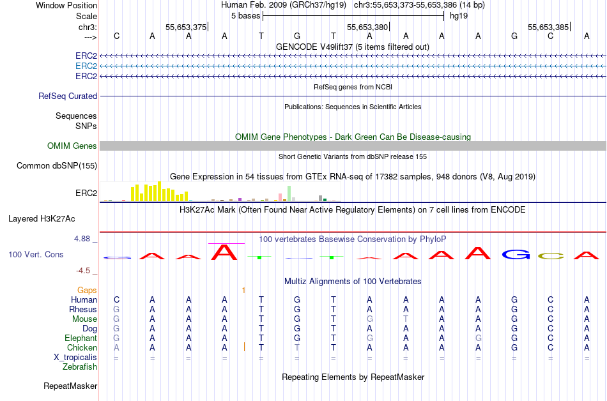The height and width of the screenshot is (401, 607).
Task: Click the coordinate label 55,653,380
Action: pyautogui.click(x=367, y=27)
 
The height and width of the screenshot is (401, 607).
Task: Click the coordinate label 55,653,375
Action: pyautogui.click(x=186, y=27)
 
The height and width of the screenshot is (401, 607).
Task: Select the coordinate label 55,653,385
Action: pyautogui.click(x=548, y=27)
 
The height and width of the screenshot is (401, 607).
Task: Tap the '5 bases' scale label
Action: pyautogui.click(x=245, y=15)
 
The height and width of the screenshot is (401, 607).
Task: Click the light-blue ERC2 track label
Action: pyautogui.click(x=86, y=66)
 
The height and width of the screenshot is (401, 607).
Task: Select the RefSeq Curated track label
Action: pyautogui.click(x=68, y=96)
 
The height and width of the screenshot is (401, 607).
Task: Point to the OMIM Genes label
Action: pyautogui.click(x=72, y=146)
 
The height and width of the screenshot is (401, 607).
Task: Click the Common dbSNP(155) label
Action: pyautogui.click(x=57, y=166)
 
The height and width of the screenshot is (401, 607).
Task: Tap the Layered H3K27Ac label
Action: pyautogui.click(x=42, y=218)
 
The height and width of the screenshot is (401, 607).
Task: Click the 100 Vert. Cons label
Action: pyautogui.click(x=36, y=254)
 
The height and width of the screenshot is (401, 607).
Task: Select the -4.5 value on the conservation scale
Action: pyautogui.click(x=86, y=270)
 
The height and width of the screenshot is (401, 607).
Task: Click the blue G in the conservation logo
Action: pyautogui.click(x=516, y=254)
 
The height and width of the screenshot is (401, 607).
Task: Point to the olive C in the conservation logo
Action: pyautogui.click(x=551, y=256)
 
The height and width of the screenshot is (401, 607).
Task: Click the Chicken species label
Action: pyautogui.click(x=82, y=347)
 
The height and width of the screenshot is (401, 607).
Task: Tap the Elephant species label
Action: pyautogui.click(x=81, y=338)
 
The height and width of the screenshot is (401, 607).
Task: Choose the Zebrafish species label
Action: pyautogui.click(x=80, y=367)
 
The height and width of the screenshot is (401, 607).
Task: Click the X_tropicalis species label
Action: pyautogui.click(x=75, y=358)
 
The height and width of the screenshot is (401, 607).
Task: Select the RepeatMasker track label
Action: pyautogui.click(x=70, y=386)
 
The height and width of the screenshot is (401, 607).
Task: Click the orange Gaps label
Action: pyautogui.click(x=87, y=290)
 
